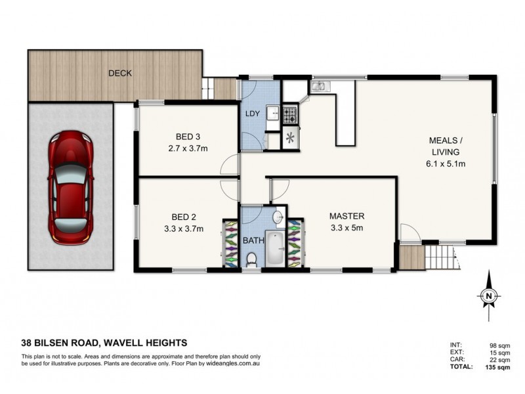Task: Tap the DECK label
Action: click(x=119, y=73)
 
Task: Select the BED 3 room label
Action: click(x=187, y=137)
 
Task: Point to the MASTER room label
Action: click(x=346, y=216)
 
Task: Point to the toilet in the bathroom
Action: click(x=251, y=261)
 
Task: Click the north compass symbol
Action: click(x=488, y=297)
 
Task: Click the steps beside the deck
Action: click(x=209, y=85)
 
